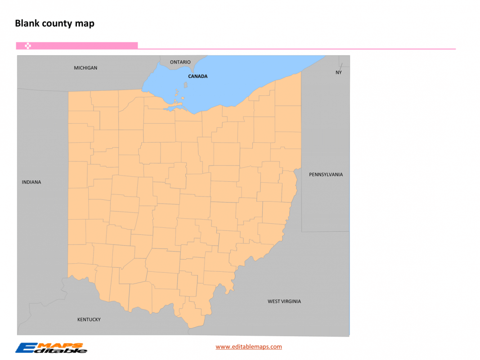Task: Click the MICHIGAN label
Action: pyautogui.click(x=85, y=68)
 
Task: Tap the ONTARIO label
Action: pyautogui.click(x=180, y=62)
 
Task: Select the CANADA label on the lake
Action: pyautogui.click(x=198, y=76)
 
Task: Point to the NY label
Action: pyautogui.click(x=338, y=72)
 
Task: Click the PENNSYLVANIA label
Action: pyautogui.click(x=326, y=175)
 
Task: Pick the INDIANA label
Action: pyautogui.click(x=31, y=182)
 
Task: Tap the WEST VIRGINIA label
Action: pyautogui.click(x=284, y=301)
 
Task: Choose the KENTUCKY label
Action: pyautogui.click(x=89, y=319)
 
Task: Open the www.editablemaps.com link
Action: pyautogui.click(x=249, y=346)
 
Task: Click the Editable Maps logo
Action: pyautogui.click(x=51, y=348)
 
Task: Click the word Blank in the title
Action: pyautogui.click(x=27, y=23)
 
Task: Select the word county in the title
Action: pyautogui.click(x=59, y=23)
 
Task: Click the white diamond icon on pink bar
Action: pyautogui.click(x=28, y=45)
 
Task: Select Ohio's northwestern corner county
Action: pyautogui.click(x=79, y=101)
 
